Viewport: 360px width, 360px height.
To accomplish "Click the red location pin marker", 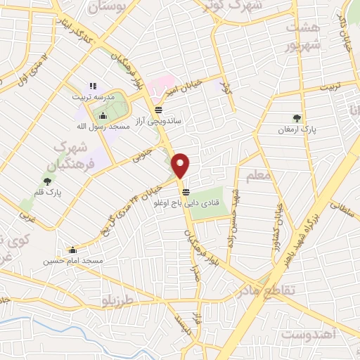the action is pos(181,165).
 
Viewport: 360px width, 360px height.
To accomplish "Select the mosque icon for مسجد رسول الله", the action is pos(103,116).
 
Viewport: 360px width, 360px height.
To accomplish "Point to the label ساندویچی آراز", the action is pos(160,121).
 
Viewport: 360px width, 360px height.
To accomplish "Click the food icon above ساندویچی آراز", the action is pos(159,110).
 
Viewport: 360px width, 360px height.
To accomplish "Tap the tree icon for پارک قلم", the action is pos(47,181).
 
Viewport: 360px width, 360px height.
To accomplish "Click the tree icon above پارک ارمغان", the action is pos(297,118).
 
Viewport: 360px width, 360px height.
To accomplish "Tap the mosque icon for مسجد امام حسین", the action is pos(72,250).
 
